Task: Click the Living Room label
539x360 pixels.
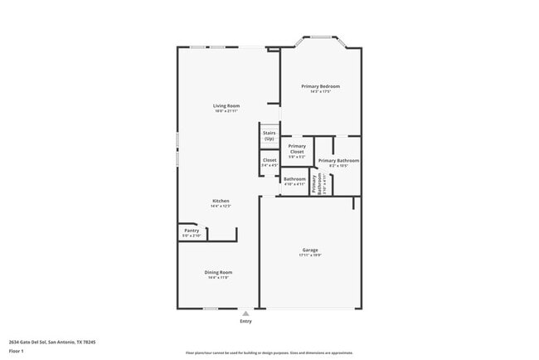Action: pos(226,105)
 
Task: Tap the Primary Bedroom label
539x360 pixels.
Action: pos(320,86)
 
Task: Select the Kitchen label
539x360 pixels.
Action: pos(221,201)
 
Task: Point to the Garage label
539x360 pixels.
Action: pos(310,250)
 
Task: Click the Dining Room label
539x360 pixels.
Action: pos(219,272)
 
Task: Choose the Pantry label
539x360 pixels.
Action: pos(192,231)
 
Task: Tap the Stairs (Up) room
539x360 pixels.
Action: pos(269,135)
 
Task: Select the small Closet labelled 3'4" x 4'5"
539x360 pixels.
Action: pos(269,160)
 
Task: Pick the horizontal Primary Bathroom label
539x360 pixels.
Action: pos(338,160)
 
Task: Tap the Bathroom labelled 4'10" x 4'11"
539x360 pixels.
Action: pos(294,179)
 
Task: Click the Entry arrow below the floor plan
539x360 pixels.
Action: pos(245,314)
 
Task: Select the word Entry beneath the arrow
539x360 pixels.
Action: pos(245,322)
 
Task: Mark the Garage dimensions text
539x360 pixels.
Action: pos(310,255)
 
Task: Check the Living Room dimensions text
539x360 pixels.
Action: pos(226,111)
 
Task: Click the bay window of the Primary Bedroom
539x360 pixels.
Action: pos(320,37)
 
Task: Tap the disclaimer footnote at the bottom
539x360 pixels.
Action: pos(269,353)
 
